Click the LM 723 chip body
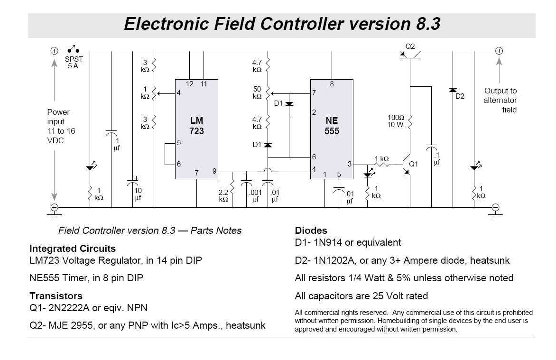point(196,128)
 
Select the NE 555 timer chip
point(332,128)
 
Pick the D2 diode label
point(460,96)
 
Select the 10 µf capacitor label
point(138,194)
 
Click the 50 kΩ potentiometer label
point(257,93)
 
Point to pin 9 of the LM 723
point(214,171)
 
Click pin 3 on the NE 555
point(350,164)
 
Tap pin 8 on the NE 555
point(332,84)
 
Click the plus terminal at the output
point(499,51)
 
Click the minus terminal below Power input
point(55,207)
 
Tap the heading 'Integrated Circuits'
point(72,249)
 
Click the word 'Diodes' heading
point(311,231)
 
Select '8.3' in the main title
point(425,24)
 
